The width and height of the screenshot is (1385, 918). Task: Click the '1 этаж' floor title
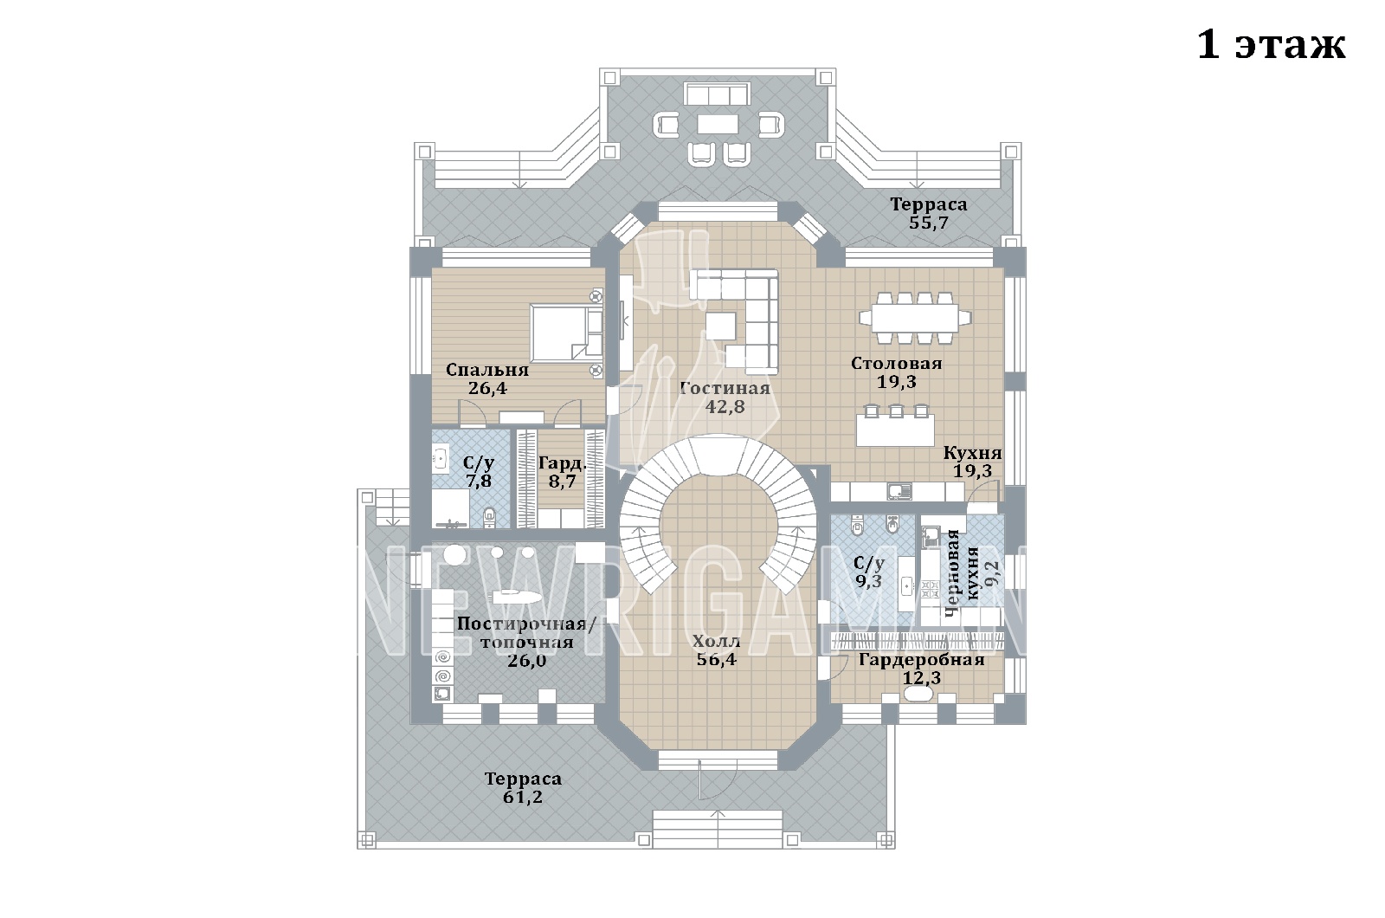[1271, 45]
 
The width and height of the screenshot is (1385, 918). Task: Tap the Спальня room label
[487, 370]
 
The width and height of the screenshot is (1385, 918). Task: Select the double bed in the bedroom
[566, 333]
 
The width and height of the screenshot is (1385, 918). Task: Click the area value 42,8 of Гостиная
[725, 406]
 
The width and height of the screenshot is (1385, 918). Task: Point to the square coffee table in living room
[721, 326]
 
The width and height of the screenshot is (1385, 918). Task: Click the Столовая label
[897, 363]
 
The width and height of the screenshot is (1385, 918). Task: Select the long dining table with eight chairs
[914, 317]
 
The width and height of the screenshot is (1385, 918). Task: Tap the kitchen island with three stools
[895, 424]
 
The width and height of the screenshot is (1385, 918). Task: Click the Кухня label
[973, 453]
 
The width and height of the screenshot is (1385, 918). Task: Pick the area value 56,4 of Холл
[717, 659]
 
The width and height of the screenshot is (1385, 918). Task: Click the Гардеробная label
[922, 659]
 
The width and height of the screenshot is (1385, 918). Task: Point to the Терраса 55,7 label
[929, 213]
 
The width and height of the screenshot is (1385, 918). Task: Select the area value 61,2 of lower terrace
[523, 797]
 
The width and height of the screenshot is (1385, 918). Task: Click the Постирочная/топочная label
[527, 632]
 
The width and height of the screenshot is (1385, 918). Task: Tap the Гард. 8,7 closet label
[562, 472]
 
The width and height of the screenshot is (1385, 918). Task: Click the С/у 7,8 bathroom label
[479, 472]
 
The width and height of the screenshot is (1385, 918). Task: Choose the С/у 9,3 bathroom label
[869, 572]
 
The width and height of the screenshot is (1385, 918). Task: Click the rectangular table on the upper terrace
[718, 125]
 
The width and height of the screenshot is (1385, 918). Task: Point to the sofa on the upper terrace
[717, 94]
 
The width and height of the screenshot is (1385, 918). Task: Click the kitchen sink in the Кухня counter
[899, 492]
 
